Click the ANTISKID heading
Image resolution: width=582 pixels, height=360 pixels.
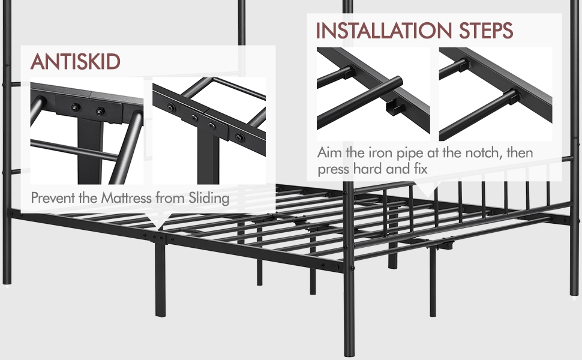[76, 61]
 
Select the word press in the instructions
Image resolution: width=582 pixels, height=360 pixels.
[333, 169]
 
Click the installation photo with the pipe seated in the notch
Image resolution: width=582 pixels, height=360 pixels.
[495, 94]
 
